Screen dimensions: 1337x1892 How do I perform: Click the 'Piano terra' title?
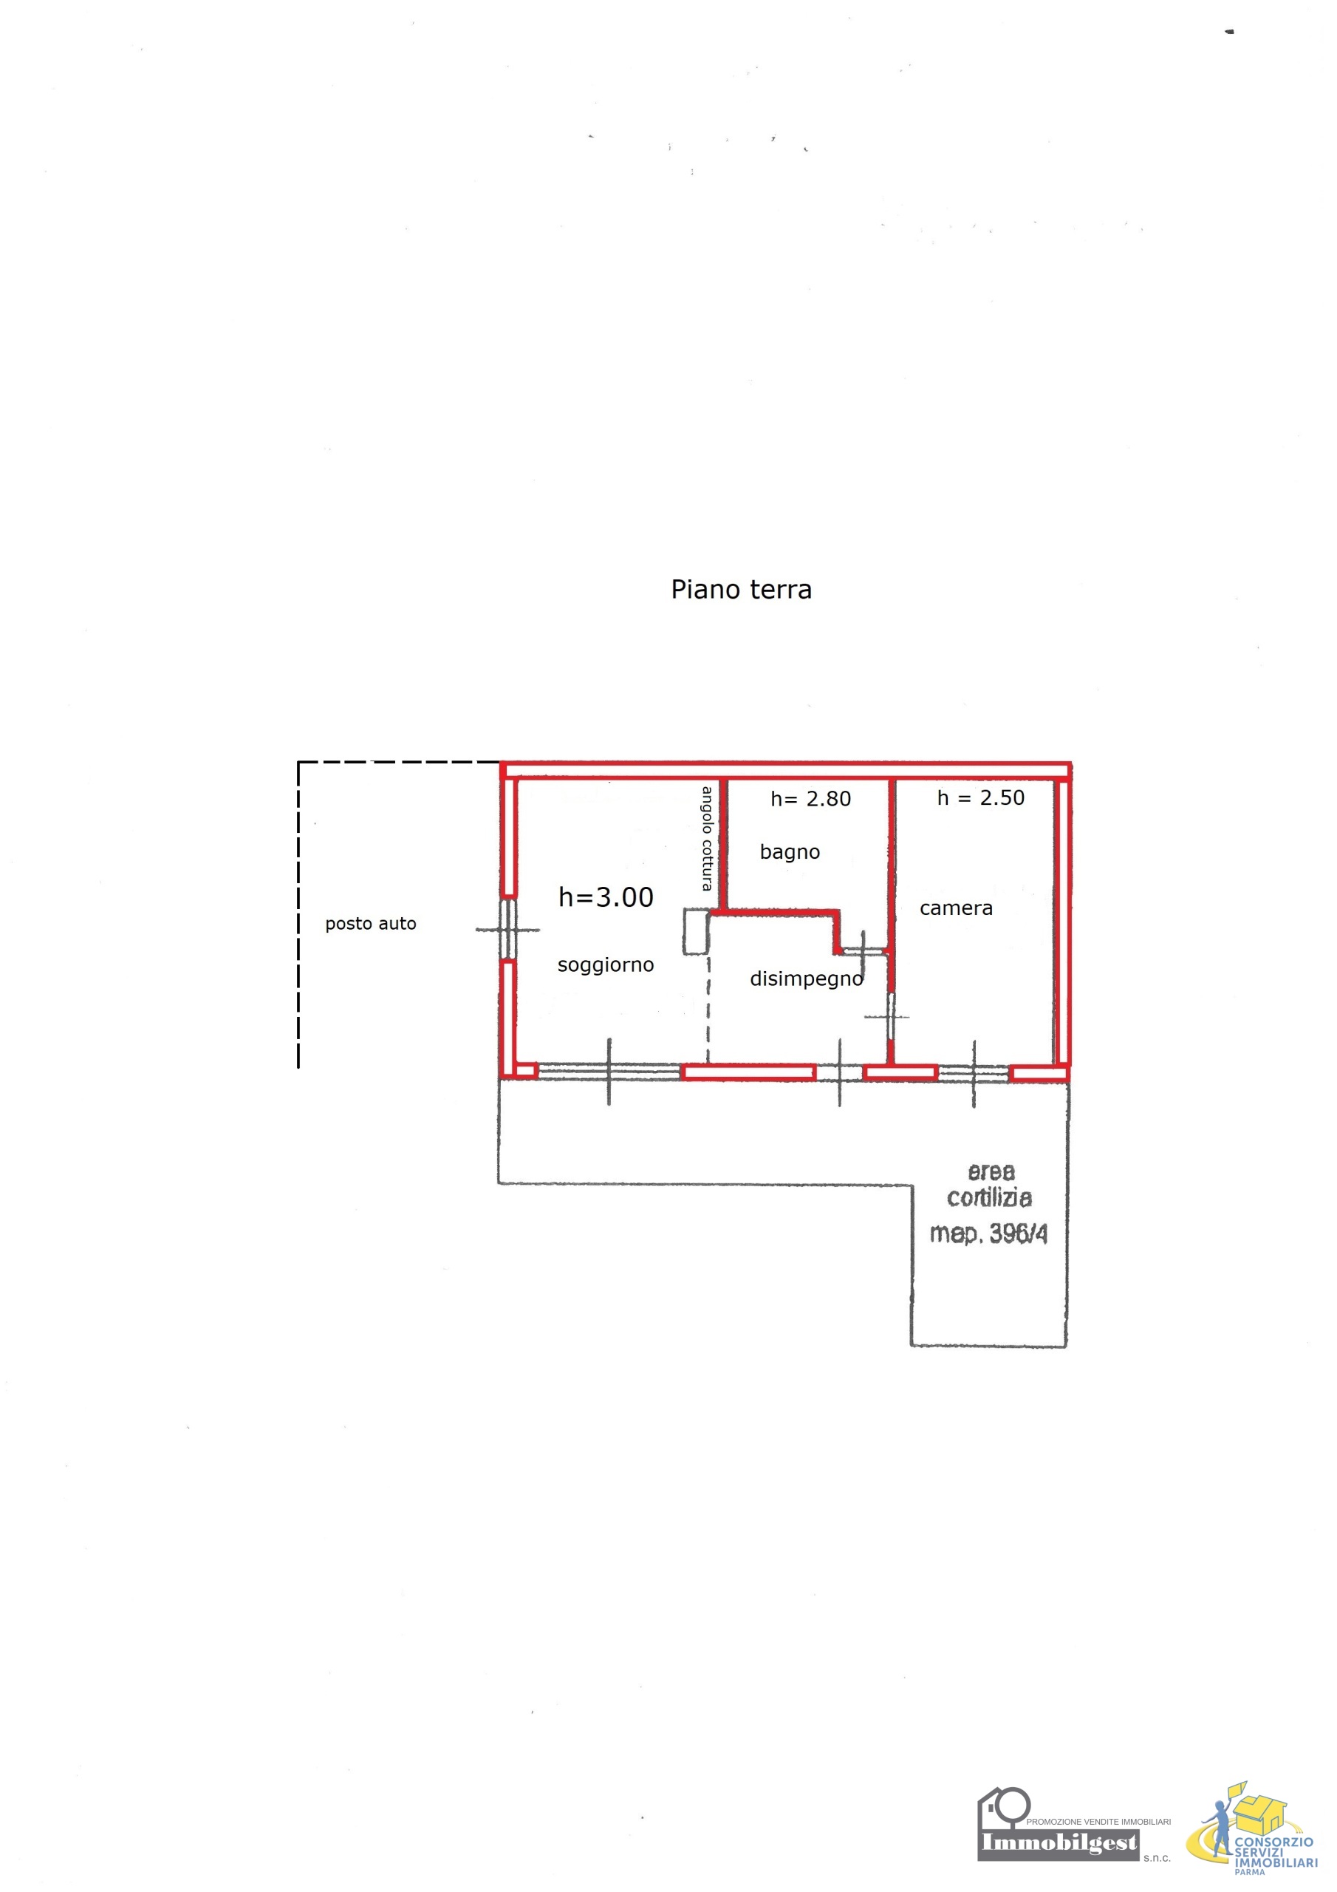tap(741, 590)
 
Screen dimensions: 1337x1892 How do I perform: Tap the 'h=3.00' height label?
tap(606, 897)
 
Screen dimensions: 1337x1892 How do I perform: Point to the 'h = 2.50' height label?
tap(980, 797)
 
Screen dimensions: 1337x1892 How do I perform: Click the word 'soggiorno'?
tap(606, 966)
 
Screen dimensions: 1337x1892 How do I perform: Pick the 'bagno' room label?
tap(789, 853)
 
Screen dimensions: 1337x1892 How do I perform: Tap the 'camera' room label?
tap(956, 909)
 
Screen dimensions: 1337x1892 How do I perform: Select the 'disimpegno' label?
tap(807, 980)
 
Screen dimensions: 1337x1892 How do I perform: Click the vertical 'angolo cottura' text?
tap(707, 838)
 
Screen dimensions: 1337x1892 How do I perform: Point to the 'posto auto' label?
tap(371, 924)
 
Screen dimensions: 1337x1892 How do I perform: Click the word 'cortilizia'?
tap(988, 1197)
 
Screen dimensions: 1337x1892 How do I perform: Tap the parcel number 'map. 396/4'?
tap(988, 1233)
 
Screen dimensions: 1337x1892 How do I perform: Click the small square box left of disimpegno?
tap(696, 931)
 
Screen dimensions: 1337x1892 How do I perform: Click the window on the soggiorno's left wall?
tap(509, 930)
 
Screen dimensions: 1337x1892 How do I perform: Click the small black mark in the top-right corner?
tap(1229, 32)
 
